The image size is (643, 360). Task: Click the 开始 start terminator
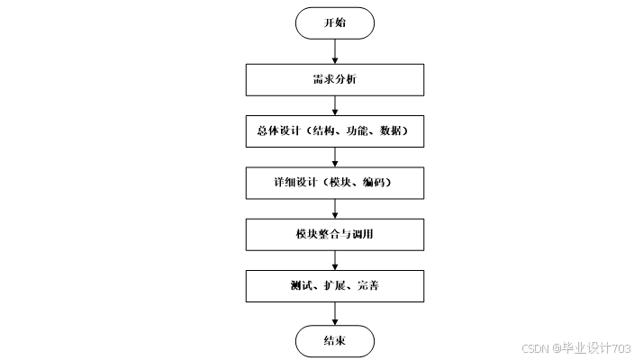click(x=334, y=23)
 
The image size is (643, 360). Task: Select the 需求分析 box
click(x=334, y=80)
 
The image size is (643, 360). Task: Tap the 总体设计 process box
click(x=334, y=131)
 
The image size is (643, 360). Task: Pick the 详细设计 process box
click(x=334, y=183)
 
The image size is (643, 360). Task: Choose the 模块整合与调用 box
click(x=334, y=235)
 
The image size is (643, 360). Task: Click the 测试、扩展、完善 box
click(x=334, y=286)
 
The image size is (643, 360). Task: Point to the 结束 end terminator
click(x=334, y=340)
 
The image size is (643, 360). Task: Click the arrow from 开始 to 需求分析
click(x=334, y=51)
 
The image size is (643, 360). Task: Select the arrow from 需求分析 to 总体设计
click(x=334, y=105)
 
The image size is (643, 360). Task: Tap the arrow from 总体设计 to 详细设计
click(x=334, y=157)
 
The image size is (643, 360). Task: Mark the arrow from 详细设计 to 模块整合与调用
click(x=334, y=209)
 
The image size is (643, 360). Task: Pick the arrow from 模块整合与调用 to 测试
click(x=334, y=261)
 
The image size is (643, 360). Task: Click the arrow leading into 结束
click(x=334, y=313)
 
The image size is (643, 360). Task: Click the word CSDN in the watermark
click(x=535, y=347)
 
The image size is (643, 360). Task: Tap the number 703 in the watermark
click(x=620, y=347)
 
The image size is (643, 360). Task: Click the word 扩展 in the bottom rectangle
click(x=334, y=287)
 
